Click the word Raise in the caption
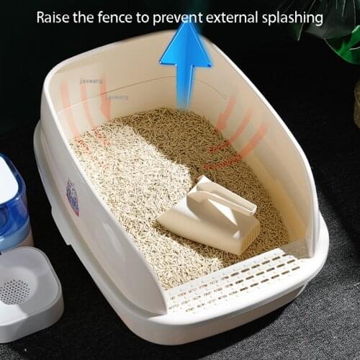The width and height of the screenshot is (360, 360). (54, 17)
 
